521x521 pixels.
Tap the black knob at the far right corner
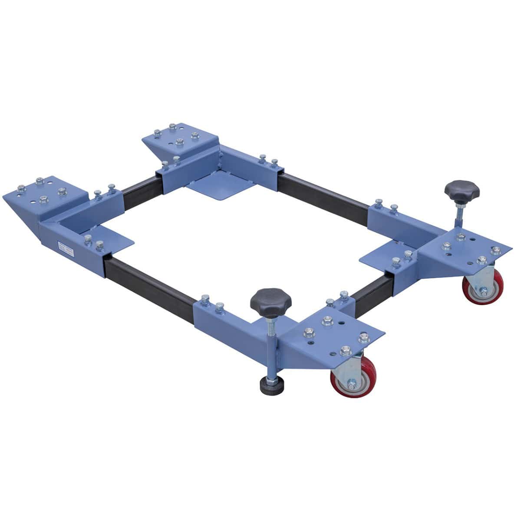coord(462,190)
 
